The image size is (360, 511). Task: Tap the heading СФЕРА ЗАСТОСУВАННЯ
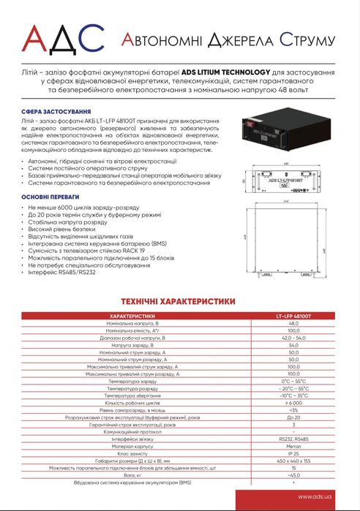[x=50, y=113]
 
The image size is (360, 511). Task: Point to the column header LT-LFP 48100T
[x=293, y=315]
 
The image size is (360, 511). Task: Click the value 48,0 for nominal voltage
[x=293, y=322]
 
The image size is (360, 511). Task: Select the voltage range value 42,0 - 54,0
[x=293, y=338]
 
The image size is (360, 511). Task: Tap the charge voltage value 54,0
[x=293, y=346]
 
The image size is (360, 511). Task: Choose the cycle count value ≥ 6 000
[x=293, y=403]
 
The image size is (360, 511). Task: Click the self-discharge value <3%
[x=293, y=410]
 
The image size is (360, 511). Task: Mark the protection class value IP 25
[x=293, y=454]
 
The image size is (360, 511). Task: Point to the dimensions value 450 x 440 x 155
[x=293, y=461]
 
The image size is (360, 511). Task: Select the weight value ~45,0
[x=293, y=475]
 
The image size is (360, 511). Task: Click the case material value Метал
[x=293, y=446]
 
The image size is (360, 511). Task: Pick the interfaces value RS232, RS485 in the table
[x=293, y=439]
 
